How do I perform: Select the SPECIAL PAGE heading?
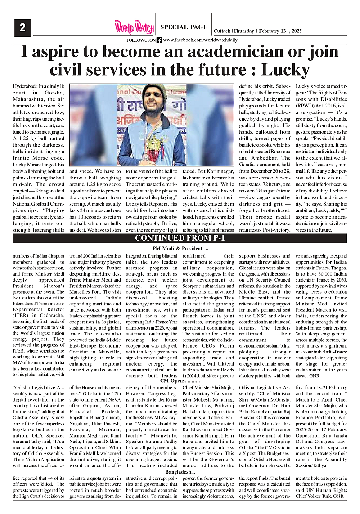click(184, 27)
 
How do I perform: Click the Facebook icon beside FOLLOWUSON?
click(159, 40)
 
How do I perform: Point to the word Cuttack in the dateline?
click(222, 31)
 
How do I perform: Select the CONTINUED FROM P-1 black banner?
click(180, 238)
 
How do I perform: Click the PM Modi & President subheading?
click(180, 249)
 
